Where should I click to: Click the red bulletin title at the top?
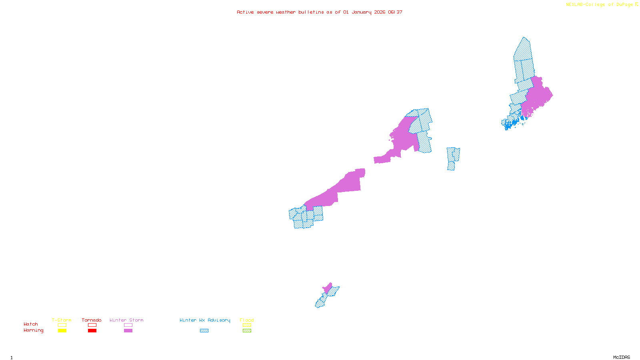tap(319, 12)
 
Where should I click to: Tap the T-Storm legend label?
tap(62, 320)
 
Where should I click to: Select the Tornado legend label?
tap(92, 320)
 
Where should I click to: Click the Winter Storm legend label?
tap(126, 320)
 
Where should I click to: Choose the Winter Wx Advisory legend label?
tap(205, 320)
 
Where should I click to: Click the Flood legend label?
tap(247, 320)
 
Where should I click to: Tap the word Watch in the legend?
tap(31, 324)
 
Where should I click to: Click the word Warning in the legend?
tap(34, 330)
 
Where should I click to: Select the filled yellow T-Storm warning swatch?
tap(62, 331)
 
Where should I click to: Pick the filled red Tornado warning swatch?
tap(92, 331)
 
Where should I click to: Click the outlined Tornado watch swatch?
tap(92, 325)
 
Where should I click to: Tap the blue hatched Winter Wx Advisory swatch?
tap(204, 331)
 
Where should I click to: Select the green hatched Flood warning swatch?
tap(247, 331)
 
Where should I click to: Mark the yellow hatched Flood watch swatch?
tap(247, 325)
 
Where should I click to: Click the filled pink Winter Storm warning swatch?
tap(128, 331)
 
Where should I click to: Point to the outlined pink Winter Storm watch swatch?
tap(128, 325)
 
